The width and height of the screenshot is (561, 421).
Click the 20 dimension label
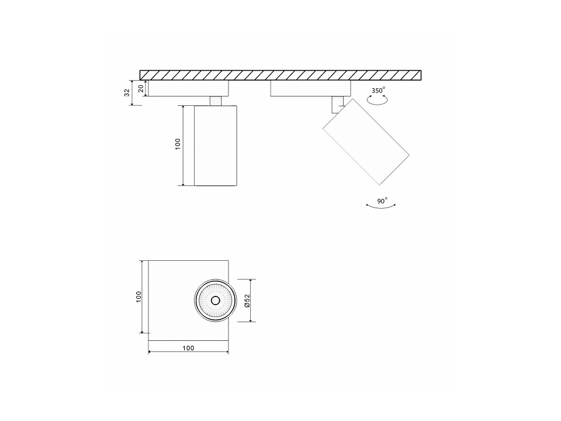[x=140, y=88]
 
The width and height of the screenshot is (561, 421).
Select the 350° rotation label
[x=379, y=91]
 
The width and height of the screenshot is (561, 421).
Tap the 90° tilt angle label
[x=382, y=201]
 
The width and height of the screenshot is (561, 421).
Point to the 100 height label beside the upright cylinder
[x=178, y=144]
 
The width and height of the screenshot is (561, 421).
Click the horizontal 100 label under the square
[x=188, y=347]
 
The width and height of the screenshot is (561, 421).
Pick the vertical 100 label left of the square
[x=138, y=296]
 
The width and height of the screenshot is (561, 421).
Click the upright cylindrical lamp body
[x=216, y=146]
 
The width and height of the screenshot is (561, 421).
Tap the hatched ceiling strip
[x=280, y=75]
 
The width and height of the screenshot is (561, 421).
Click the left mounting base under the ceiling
[x=189, y=88]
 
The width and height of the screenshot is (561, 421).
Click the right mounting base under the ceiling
[x=310, y=88]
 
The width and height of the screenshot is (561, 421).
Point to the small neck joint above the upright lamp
[x=216, y=101]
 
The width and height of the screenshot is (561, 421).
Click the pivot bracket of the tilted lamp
[x=335, y=105]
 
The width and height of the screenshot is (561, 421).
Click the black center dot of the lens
[x=214, y=301]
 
